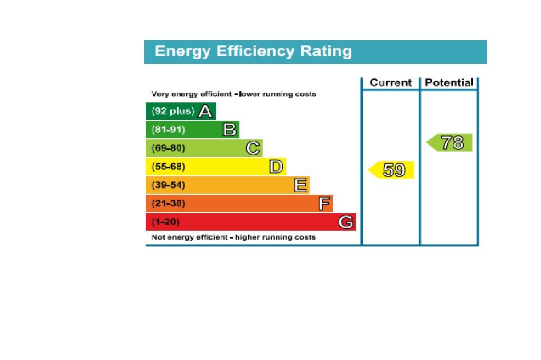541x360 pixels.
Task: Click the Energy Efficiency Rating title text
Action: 253,51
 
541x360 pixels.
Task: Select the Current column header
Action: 390,82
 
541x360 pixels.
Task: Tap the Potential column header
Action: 449,82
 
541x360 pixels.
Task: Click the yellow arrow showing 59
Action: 391,170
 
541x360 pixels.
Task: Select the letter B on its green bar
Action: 229,129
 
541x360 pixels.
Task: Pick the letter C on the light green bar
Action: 253,148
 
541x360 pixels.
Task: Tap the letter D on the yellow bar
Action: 276,167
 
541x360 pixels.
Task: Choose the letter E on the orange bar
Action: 300,185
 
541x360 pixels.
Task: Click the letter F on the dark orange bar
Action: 324,203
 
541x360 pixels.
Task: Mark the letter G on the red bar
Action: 346,222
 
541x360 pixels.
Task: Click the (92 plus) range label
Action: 173,111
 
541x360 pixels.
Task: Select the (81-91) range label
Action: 168,130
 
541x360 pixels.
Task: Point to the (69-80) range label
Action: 168,148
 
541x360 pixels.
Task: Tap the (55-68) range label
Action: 168,167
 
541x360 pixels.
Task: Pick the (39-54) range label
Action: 168,185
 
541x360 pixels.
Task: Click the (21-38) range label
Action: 168,203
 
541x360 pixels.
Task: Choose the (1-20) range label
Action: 165,222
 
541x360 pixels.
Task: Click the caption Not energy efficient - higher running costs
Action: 234,238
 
